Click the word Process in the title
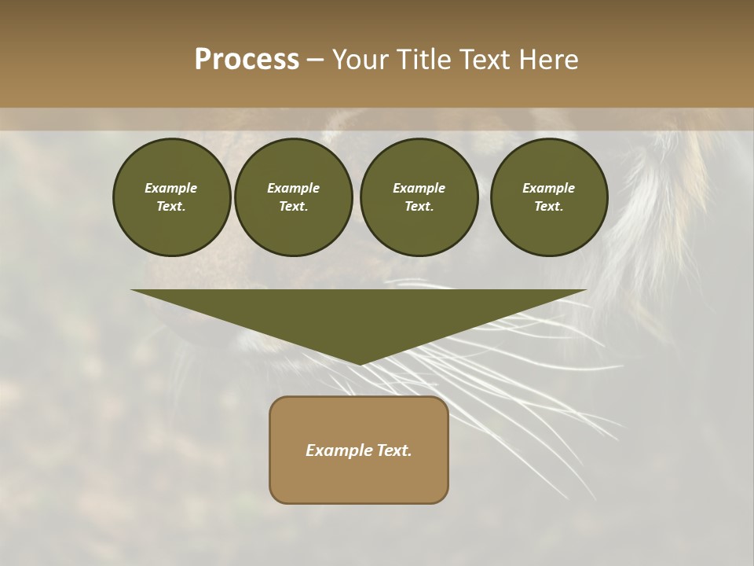click(x=247, y=60)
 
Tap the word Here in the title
click(x=548, y=60)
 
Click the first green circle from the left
click(x=171, y=197)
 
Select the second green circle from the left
click(x=293, y=197)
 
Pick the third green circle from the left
click(x=419, y=197)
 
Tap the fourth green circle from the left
click(x=548, y=197)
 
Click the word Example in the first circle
click(x=171, y=188)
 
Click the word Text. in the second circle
click(x=293, y=206)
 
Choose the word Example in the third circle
click(x=419, y=188)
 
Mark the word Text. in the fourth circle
click(x=548, y=206)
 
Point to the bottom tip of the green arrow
click(x=360, y=362)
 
